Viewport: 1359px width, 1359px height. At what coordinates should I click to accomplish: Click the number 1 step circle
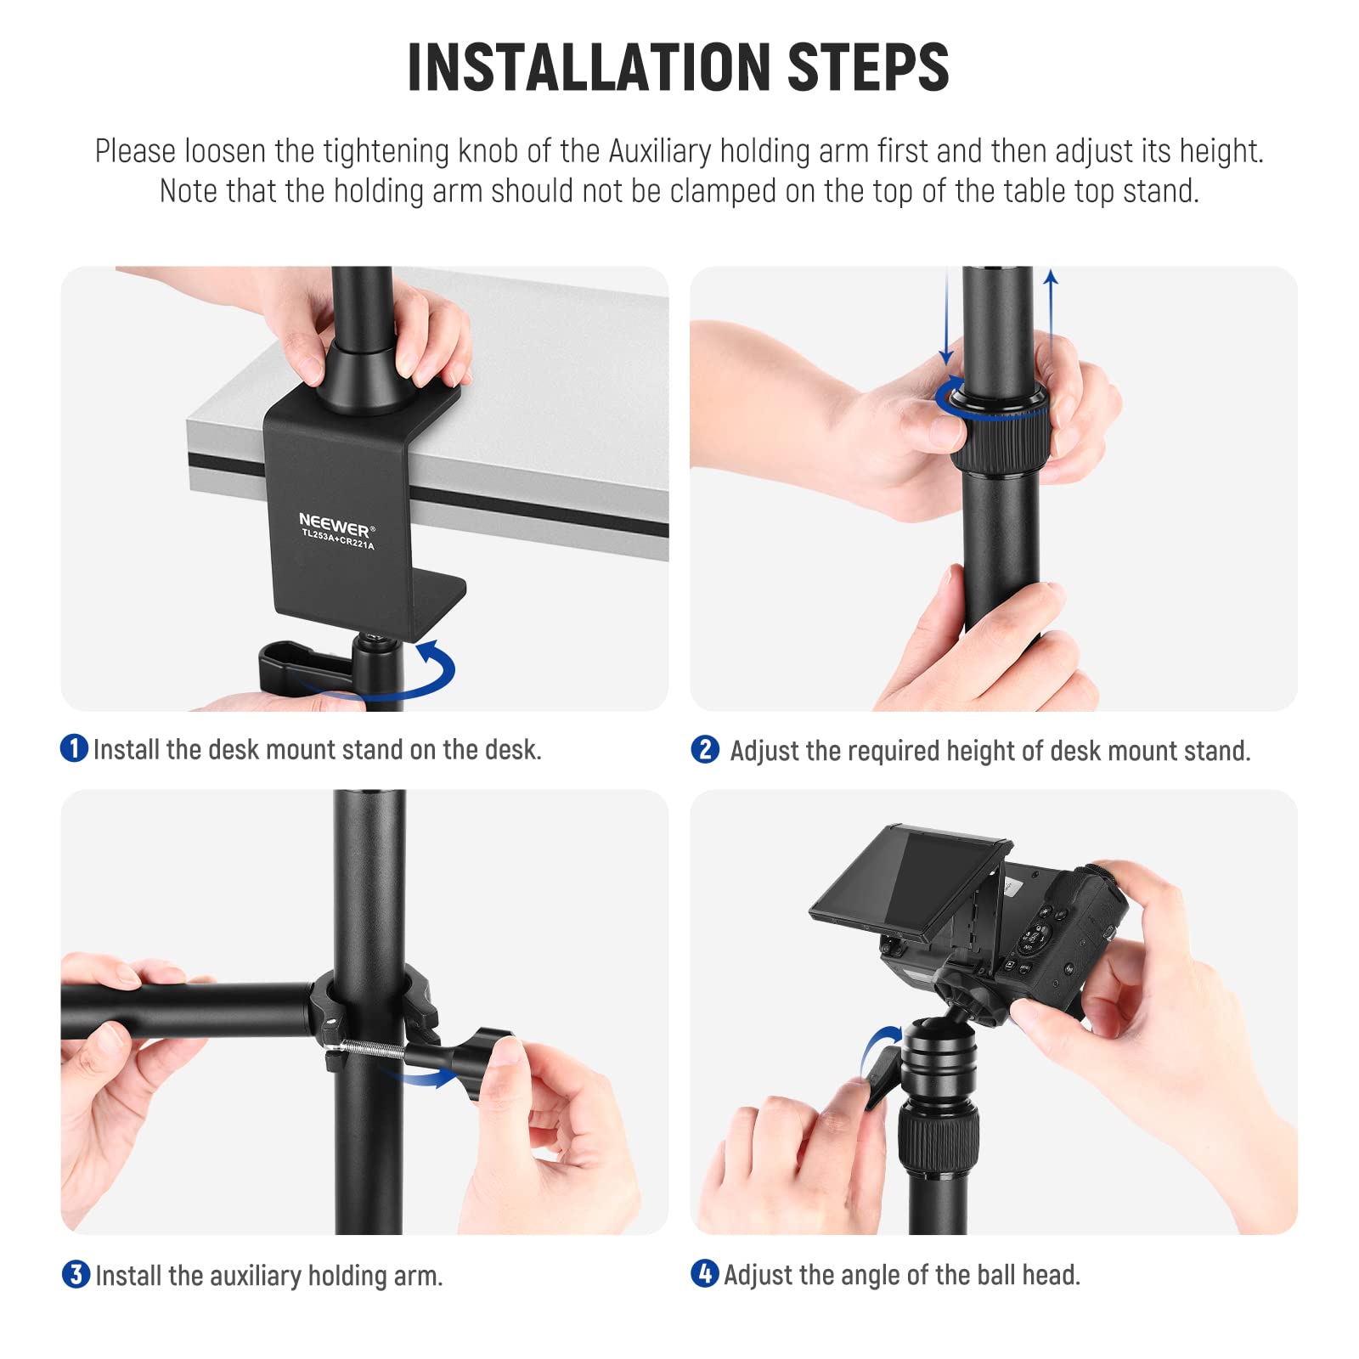[x=75, y=748]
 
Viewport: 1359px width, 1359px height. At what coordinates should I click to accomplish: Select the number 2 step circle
[x=705, y=749]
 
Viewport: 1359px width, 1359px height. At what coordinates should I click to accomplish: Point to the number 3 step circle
[x=76, y=1274]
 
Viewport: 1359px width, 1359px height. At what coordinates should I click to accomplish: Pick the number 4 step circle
[x=704, y=1273]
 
